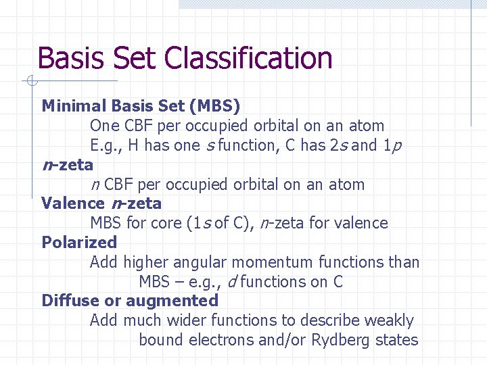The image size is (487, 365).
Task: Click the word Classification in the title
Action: coord(254,58)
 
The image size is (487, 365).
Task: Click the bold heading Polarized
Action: coord(79,243)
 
